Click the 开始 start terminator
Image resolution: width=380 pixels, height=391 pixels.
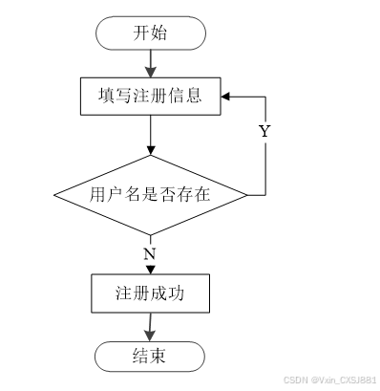tap(151, 33)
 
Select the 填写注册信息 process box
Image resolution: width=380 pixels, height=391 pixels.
tap(151, 96)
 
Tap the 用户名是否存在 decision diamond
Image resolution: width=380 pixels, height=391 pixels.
tap(151, 195)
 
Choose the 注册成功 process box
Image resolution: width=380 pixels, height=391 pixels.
tap(151, 293)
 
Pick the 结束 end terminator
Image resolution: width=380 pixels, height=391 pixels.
tap(150, 357)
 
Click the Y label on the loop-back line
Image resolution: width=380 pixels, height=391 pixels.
tap(264, 131)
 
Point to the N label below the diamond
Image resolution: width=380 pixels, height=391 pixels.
tap(150, 254)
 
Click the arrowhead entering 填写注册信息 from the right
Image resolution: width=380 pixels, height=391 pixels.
tap(225, 97)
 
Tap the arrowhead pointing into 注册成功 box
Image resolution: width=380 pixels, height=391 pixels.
tap(151, 270)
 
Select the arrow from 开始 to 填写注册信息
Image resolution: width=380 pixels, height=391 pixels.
tap(151, 64)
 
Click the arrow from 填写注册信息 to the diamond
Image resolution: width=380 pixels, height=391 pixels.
tap(151, 135)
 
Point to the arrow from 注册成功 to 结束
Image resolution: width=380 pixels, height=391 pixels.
tap(150, 327)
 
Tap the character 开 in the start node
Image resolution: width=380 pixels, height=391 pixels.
tap(141, 33)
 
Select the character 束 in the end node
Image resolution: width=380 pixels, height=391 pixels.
tap(158, 356)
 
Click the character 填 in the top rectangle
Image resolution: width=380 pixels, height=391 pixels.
tap(106, 96)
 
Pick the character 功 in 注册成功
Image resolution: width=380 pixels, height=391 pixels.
tap(176, 293)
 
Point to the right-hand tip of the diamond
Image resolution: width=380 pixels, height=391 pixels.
tap(247, 195)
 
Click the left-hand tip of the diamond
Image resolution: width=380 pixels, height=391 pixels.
tap(53, 195)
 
